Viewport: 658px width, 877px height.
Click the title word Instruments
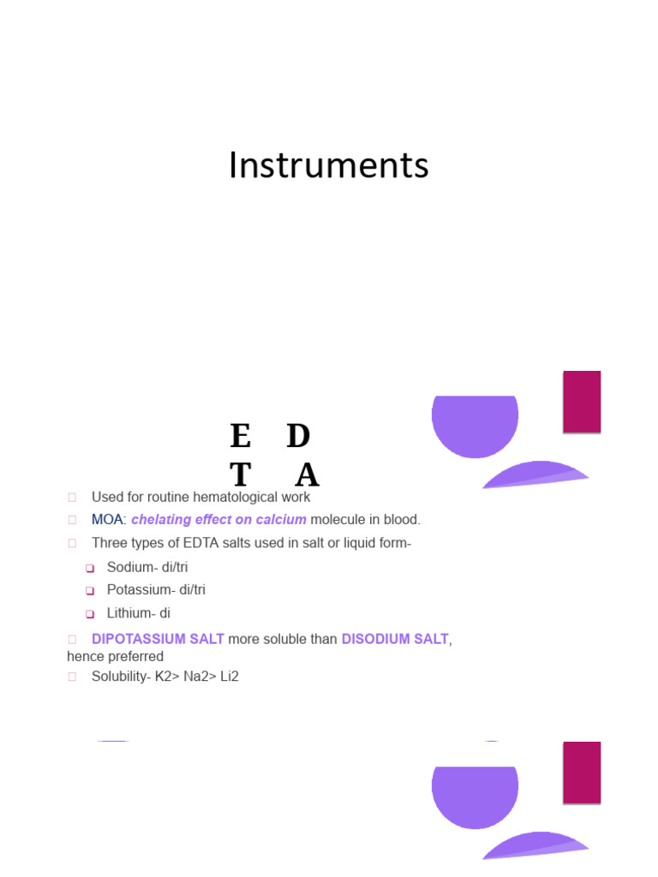pyautogui.click(x=328, y=165)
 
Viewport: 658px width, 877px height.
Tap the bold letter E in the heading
pyautogui.click(x=241, y=437)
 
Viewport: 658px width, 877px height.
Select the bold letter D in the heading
pyautogui.click(x=298, y=437)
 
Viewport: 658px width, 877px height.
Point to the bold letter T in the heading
pyautogui.click(x=241, y=474)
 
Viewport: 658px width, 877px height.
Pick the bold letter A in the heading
pyautogui.click(x=307, y=474)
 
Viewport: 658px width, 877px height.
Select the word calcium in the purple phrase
pyautogui.click(x=280, y=520)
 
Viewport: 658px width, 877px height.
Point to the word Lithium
pyautogui.click(x=127, y=613)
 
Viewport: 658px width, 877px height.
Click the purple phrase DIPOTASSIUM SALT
pyautogui.click(x=158, y=640)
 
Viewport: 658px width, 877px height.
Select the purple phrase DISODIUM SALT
pyautogui.click(x=394, y=640)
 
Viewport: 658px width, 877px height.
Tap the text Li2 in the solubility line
pyautogui.click(x=229, y=677)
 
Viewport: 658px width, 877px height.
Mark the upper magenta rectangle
pyautogui.click(x=582, y=402)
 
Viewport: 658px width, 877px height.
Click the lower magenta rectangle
pyautogui.click(x=582, y=772)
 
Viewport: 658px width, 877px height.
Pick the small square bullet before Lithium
pyautogui.click(x=89, y=614)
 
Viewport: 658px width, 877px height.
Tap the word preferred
pyautogui.click(x=134, y=657)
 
